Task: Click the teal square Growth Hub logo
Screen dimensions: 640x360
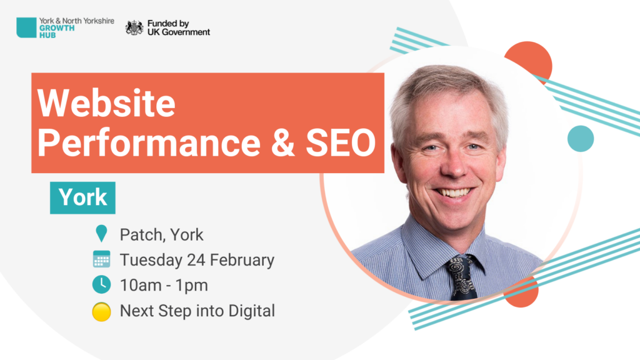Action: (26, 27)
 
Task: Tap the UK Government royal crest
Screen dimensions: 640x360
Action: (134, 27)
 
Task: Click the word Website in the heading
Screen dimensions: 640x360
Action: (106, 103)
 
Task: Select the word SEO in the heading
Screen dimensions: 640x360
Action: (341, 143)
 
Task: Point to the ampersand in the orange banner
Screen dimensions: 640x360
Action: (282, 143)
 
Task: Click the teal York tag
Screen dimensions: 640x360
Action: (83, 198)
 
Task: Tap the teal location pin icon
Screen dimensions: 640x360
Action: (101, 234)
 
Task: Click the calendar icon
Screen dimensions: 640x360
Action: (102, 259)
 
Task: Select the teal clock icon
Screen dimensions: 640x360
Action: (102, 284)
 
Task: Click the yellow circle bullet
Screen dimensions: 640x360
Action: (102, 312)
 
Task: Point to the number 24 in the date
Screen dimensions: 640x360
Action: (196, 260)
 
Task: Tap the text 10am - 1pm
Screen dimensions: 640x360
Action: (164, 285)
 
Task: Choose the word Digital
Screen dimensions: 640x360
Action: (251, 311)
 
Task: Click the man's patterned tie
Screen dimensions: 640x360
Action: (462, 277)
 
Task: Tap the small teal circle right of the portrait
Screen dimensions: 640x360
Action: (581, 139)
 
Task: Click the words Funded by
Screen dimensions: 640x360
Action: (168, 24)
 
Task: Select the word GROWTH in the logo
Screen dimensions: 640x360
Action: (57, 28)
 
